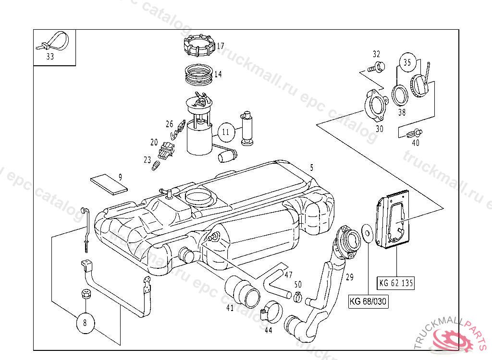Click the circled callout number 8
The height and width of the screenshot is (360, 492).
[85, 323]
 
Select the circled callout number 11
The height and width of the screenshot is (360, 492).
[226, 131]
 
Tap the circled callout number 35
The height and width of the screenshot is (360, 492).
[407, 62]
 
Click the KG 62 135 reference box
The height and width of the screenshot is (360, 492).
[396, 283]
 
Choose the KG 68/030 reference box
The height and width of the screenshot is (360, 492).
[369, 301]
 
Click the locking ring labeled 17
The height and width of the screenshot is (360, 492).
[199, 46]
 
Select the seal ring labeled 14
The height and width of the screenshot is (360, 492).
[199, 73]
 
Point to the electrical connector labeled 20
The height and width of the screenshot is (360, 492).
[167, 150]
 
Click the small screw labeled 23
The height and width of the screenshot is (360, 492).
[156, 166]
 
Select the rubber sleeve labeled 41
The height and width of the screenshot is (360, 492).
[244, 291]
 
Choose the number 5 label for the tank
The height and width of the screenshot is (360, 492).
[311, 168]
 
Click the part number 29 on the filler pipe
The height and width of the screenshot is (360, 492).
[349, 277]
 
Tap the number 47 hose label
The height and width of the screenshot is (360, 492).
[288, 275]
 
